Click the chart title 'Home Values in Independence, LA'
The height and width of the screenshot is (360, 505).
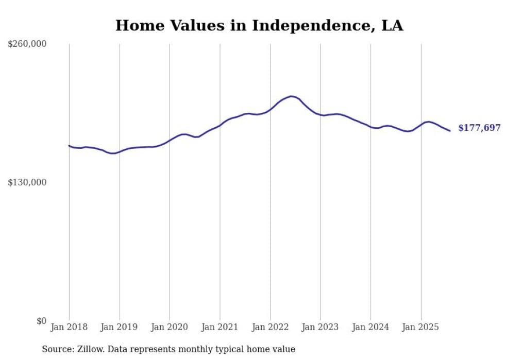[x=259, y=25]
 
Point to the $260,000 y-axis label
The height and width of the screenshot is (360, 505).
[x=27, y=44]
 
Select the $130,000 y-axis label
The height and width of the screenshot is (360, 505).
[x=27, y=182]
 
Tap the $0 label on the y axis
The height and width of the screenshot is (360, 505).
[x=41, y=321]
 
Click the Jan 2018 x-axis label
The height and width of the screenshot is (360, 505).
[x=69, y=327]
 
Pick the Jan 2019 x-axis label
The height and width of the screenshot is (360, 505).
[x=119, y=327]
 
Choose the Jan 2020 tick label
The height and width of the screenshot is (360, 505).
[x=170, y=327]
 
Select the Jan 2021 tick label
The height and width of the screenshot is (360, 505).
[x=220, y=327]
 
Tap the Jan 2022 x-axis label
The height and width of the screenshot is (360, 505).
[x=270, y=327]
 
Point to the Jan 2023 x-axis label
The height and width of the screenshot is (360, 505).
[x=320, y=327]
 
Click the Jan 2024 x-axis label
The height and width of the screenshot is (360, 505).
[x=370, y=327]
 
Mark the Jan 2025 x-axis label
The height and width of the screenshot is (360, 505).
[x=420, y=327]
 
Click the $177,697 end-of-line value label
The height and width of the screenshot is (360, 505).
[x=479, y=128]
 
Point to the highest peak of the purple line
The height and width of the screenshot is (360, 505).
[x=292, y=96]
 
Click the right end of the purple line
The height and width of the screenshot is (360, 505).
[x=450, y=131]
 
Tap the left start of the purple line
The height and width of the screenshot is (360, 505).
[x=70, y=146]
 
